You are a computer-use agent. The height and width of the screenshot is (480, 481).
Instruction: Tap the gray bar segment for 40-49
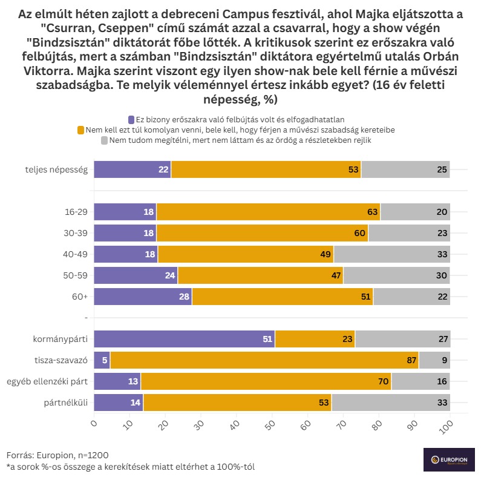[391, 254]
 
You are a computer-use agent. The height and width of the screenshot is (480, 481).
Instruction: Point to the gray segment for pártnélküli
[390, 403]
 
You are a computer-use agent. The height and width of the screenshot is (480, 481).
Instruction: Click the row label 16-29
[76, 212]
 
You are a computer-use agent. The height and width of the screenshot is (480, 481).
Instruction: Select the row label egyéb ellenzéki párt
[48, 381]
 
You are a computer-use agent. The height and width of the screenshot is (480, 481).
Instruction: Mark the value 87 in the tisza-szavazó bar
[411, 360]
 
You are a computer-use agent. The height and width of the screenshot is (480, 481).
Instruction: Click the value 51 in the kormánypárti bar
[267, 339]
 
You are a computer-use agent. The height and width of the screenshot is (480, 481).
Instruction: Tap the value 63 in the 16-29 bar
[372, 212]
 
